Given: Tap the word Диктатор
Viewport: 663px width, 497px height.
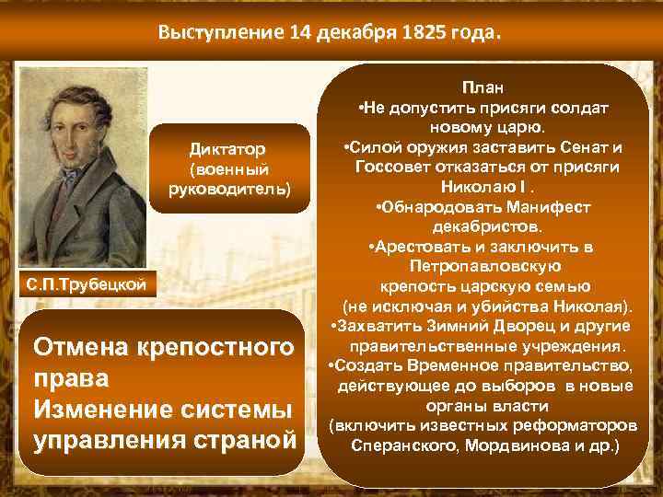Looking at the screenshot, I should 227,148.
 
